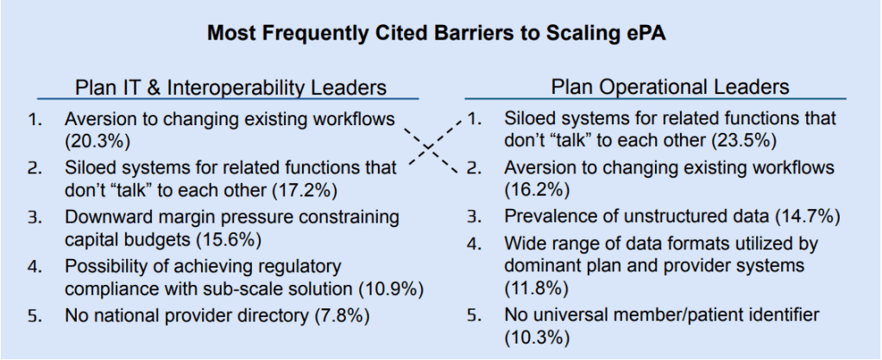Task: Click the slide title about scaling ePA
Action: (437, 33)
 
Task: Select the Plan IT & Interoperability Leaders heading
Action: (230, 87)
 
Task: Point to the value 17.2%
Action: (305, 190)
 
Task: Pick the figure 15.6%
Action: (229, 239)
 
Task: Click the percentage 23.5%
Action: (744, 141)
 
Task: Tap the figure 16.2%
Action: (537, 190)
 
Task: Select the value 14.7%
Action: (808, 217)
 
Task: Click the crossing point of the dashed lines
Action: (429, 148)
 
